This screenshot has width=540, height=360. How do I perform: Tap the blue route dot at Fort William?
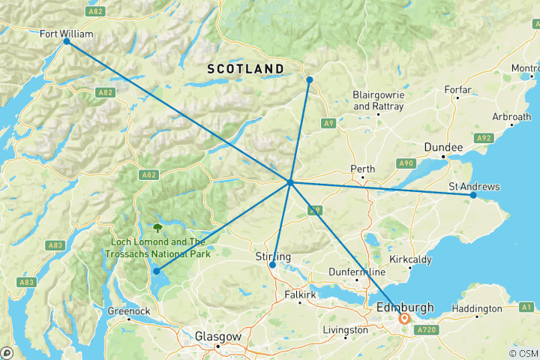click(x=67, y=41)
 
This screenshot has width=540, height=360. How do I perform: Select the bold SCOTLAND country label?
click(x=245, y=69)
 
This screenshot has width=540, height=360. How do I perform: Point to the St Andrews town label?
click(x=474, y=186)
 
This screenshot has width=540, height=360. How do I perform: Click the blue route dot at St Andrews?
click(x=473, y=195)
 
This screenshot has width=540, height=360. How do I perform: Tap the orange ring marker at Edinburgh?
click(x=404, y=319)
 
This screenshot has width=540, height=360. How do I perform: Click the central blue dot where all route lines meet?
click(x=289, y=182)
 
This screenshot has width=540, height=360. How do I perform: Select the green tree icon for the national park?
click(x=157, y=227)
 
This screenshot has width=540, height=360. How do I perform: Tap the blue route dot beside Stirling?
click(x=272, y=265)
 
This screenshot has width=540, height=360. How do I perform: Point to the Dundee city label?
click(x=442, y=148)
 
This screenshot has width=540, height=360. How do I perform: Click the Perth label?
click(x=363, y=169)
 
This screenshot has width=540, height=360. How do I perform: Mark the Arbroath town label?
click(x=511, y=117)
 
